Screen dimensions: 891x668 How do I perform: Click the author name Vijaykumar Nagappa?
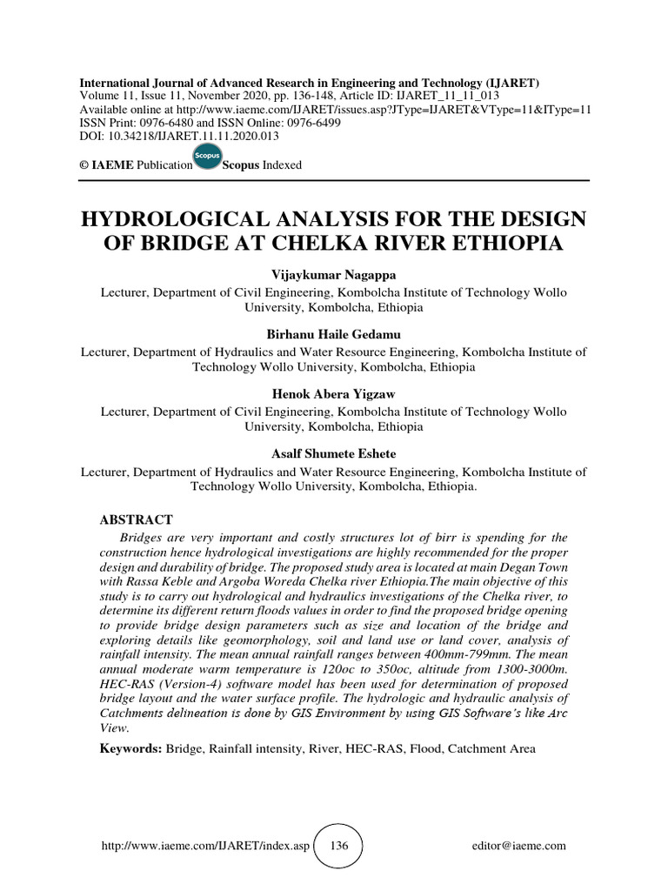pyautogui.click(x=333, y=275)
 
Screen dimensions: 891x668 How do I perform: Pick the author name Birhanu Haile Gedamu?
pyautogui.click(x=333, y=334)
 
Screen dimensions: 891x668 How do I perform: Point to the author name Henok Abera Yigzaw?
pyautogui.click(x=333, y=394)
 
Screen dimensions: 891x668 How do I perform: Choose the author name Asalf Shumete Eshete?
pyautogui.click(x=333, y=453)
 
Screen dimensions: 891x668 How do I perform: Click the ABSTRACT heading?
pyautogui.click(x=130, y=519)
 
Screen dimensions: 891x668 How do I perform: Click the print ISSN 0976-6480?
pyautogui.click(x=175, y=123)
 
